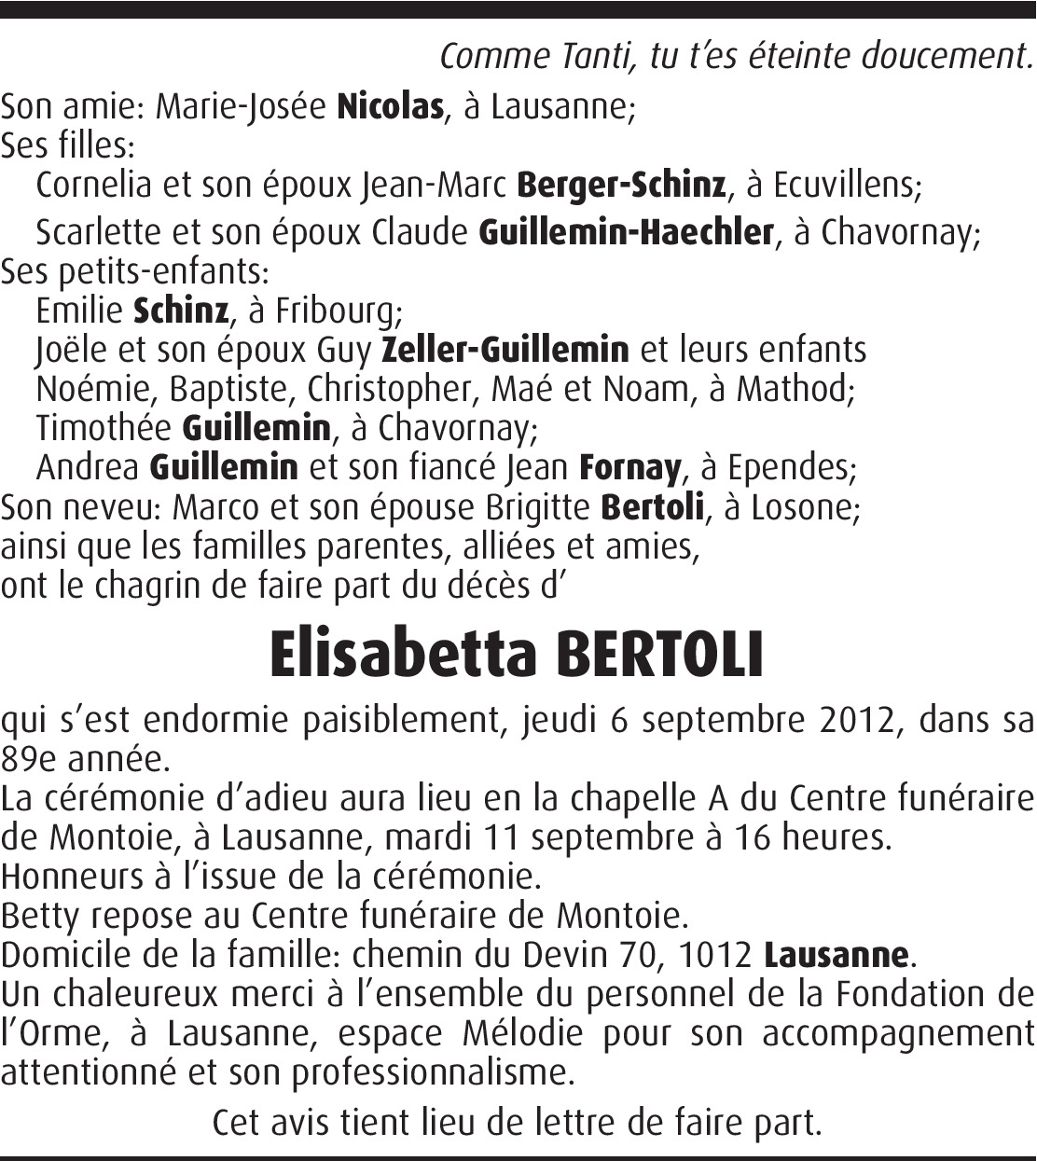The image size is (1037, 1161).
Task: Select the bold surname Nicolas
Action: pyautogui.click(x=389, y=107)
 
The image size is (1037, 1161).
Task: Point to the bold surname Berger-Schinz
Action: pyautogui.click(x=620, y=186)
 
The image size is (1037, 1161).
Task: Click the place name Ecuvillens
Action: pyautogui.click(x=844, y=186)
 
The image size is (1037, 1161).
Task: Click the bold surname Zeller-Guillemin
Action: pyautogui.click(x=505, y=350)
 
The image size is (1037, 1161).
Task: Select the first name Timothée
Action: pyautogui.click(x=104, y=428)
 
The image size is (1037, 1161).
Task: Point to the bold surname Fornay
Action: pyautogui.click(x=630, y=466)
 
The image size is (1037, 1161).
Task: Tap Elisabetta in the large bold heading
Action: pyautogui.click(x=404, y=655)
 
